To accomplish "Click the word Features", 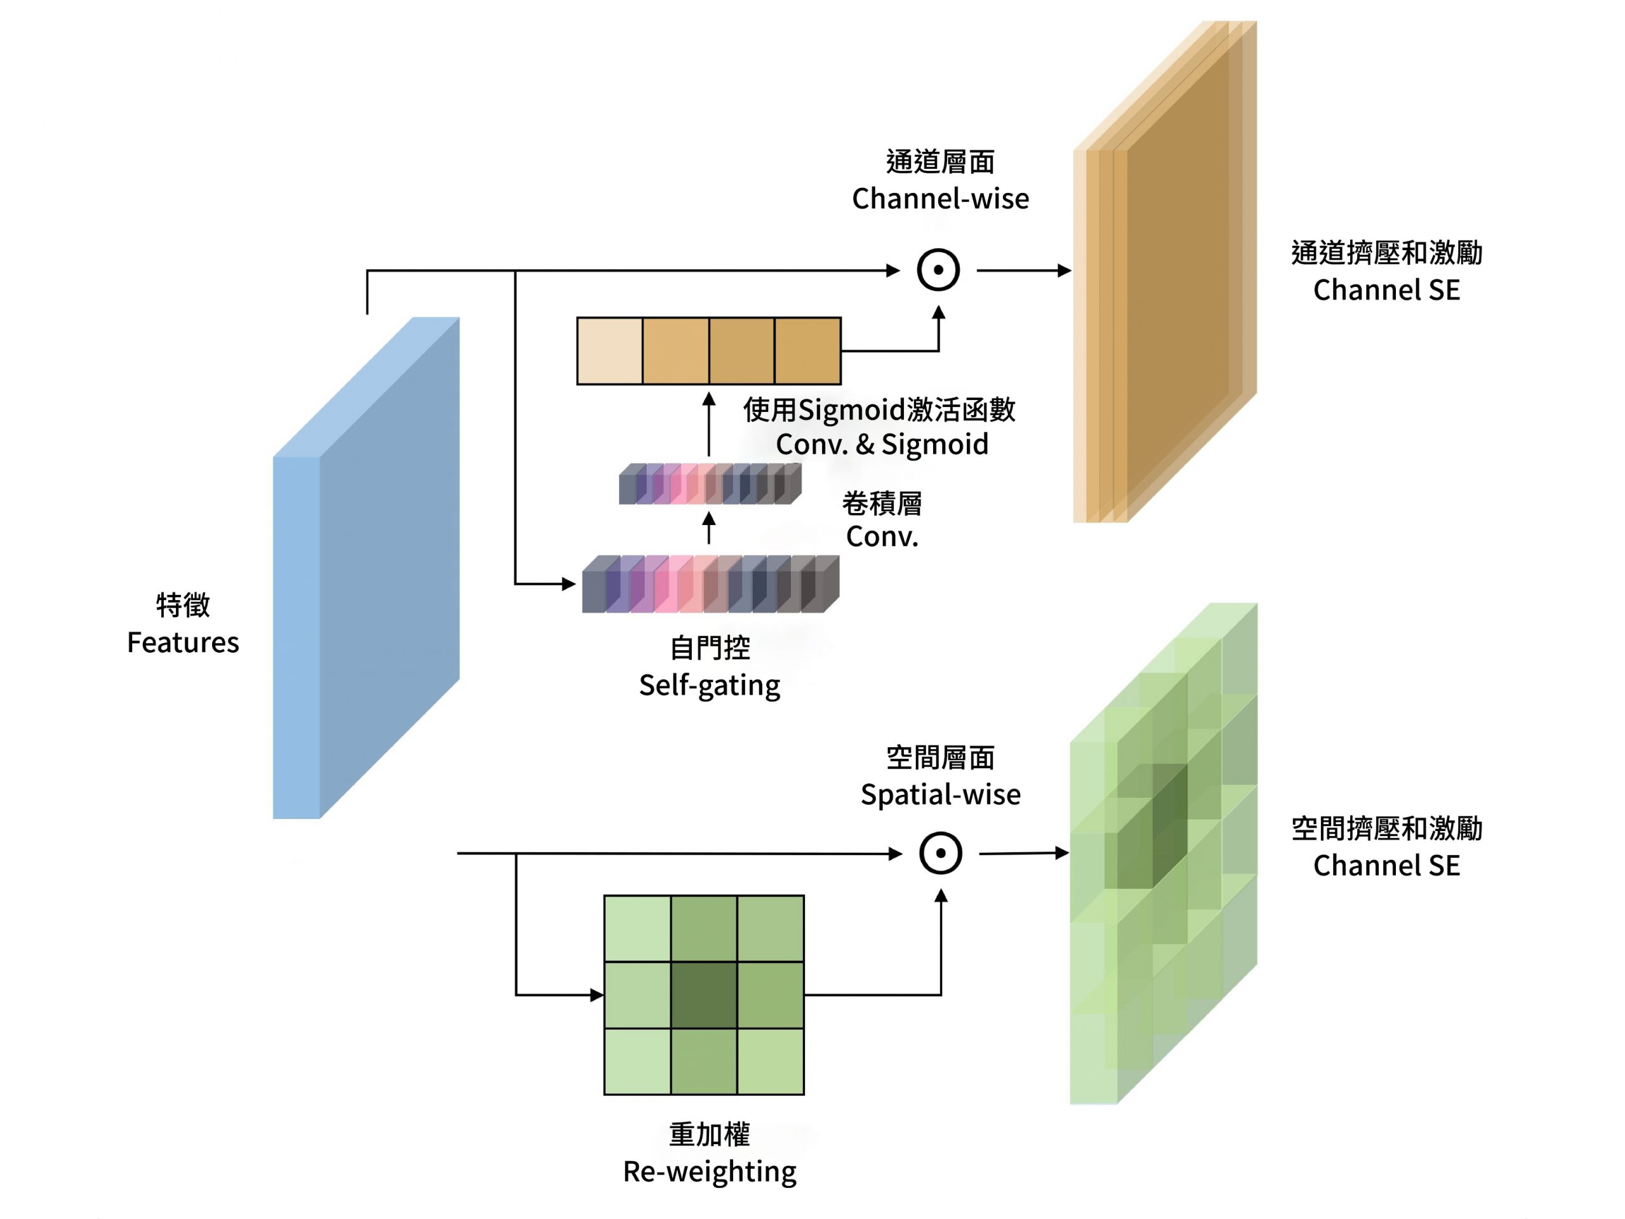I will (183, 643).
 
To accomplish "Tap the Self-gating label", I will (709, 686).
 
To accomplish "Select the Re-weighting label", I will (709, 1171).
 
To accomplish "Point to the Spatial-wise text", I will (939, 795).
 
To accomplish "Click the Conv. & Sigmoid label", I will (882, 444).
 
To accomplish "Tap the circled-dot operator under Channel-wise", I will (938, 270).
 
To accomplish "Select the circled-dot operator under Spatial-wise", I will (940, 853).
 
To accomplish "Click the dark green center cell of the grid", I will (704, 995).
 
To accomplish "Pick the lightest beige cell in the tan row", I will (610, 351).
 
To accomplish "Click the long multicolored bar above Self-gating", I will (710, 585).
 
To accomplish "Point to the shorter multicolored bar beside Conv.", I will (710, 484).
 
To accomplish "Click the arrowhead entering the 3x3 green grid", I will (597, 995).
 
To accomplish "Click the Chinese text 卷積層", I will (882, 504).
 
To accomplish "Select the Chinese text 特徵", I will (183, 606).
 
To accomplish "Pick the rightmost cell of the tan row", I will (807, 351).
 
